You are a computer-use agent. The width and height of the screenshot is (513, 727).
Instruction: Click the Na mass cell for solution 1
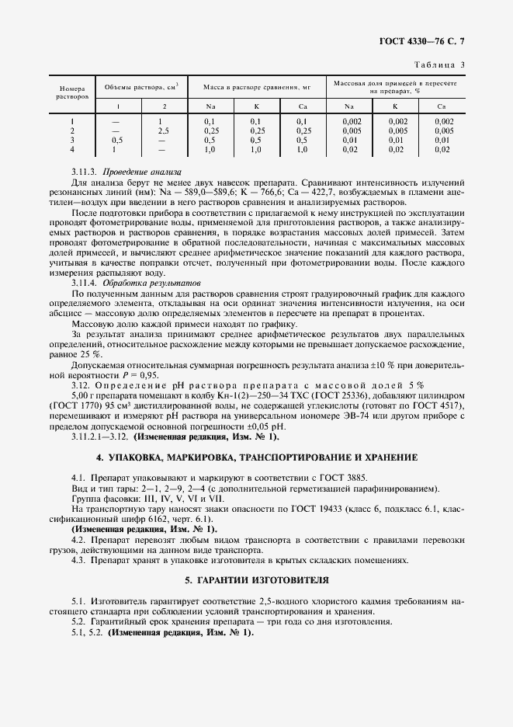click(x=210, y=121)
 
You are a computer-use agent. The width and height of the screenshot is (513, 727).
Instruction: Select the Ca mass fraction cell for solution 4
click(x=442, y=149)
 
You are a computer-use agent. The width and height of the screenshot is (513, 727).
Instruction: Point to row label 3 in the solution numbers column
click(x=71, y=140)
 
